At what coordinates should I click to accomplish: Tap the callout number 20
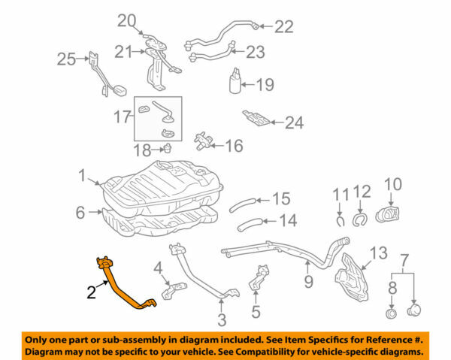(128, 20)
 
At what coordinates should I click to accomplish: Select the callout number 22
(283, 27)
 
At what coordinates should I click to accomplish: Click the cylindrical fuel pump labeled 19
(238, 81)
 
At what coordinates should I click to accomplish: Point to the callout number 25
(67, 58)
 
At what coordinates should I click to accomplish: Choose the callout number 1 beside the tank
(82, 177)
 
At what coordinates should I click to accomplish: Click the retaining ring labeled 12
(359, 219)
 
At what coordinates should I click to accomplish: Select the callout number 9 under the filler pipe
(307, 283)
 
